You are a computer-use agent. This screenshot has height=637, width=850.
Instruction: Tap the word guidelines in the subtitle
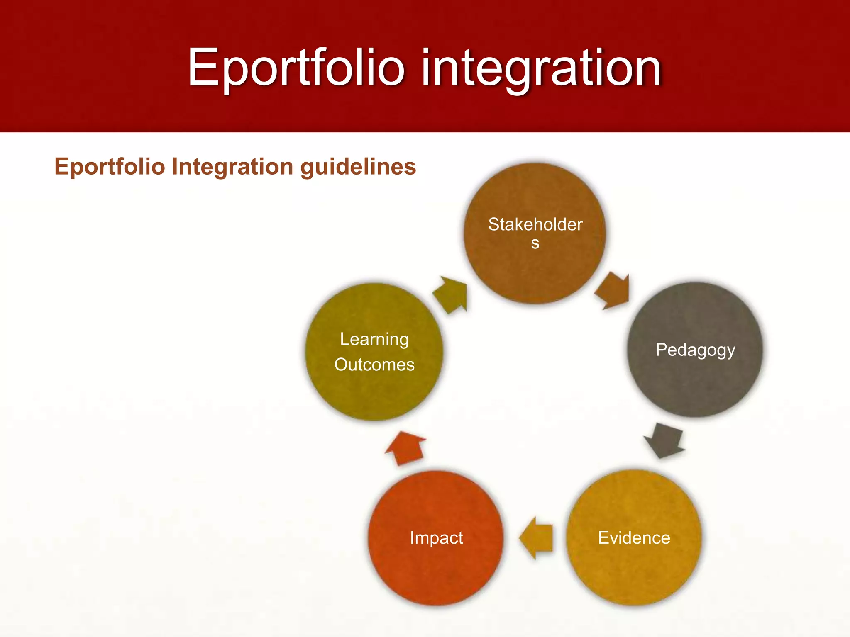click(x=358, y=167)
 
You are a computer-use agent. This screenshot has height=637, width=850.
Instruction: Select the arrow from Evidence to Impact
click(x=537, y=538)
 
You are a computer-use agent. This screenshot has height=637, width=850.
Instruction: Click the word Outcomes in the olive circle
click(x=374, y=365)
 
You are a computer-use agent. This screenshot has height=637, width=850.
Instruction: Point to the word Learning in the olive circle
click(x=374, y=339)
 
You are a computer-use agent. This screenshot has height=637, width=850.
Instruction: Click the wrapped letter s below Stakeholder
click(x=535, y=243)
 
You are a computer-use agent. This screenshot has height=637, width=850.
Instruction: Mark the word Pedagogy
click(x=695, y=350)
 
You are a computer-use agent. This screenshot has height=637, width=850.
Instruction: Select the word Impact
click(x=436, y=538)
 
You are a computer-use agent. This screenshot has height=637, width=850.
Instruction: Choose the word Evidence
click(x=634, y=538)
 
